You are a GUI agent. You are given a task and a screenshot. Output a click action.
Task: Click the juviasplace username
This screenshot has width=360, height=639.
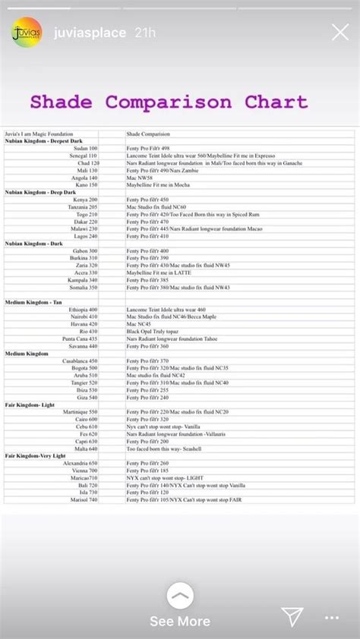[x=85, y=32]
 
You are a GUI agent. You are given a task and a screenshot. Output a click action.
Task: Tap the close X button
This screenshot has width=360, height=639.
[x=340, y=32]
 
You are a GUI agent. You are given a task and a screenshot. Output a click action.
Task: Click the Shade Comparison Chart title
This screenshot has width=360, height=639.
[x=169, y=102]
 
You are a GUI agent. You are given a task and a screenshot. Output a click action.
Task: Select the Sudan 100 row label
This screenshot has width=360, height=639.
[x=85, y=148]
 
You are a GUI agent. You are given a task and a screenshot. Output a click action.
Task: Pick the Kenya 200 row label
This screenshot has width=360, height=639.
[x=85, y=200]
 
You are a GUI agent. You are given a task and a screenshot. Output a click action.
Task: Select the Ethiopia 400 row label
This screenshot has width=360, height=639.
[x=83, y=310]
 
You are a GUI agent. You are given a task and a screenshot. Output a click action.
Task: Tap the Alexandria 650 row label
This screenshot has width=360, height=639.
[x=81, y=463]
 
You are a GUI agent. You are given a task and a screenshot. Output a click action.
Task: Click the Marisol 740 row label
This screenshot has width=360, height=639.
[x=83, y=499]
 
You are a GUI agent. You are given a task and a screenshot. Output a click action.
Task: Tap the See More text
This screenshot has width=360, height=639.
[x=180, y=621]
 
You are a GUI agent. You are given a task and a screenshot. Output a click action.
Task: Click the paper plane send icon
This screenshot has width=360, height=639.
[x=292, y=616]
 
